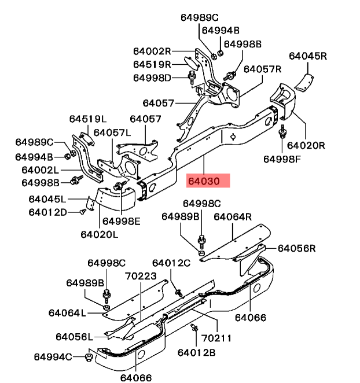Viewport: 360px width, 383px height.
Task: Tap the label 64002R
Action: coord(152,51)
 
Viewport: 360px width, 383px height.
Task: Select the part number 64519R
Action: coord(152,64)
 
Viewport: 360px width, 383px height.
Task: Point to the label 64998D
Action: coord(152,78)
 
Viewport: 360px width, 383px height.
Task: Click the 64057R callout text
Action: coord(262,69)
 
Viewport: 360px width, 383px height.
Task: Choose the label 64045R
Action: coord(308,56)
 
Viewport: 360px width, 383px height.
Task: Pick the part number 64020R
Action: coord(306,145)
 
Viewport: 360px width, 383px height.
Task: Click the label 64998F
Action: coord(282,159)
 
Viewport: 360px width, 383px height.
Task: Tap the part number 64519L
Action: coord(88,119)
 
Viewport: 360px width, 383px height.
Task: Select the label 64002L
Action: coord(41,170)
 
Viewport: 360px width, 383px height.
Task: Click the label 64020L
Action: coord(99,234)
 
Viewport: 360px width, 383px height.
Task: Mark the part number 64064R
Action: coord(233,217)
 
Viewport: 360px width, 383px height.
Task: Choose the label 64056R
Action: coord(296,248)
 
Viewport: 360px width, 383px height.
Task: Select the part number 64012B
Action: coord(196,352)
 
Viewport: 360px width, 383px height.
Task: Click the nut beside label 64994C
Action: coord(89,356)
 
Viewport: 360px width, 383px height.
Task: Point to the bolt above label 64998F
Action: coord(283,131)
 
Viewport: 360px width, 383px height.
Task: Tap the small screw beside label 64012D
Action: coord(82,212)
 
